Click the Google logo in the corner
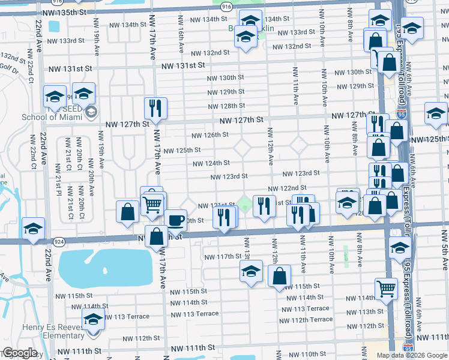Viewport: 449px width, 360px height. coord(20,353)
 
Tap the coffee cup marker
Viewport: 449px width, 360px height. coord(176,221)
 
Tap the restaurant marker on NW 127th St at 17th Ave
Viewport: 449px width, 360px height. coord(155,109)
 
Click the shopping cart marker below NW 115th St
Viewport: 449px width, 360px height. coord(386,289)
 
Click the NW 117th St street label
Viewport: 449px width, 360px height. coord(223,256)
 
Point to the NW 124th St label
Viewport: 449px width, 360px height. coord(211,163)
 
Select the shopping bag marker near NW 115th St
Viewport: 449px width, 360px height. coord(280,277)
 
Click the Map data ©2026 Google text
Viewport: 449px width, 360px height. coord(411,355)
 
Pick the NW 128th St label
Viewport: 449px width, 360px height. coord(226,106)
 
